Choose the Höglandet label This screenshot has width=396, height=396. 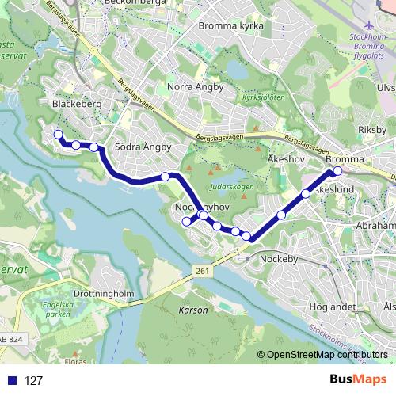coord(325,306)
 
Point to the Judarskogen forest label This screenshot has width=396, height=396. coord(232,187)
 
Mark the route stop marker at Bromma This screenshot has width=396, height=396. coord(337,171)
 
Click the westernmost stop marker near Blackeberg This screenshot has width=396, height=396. coord(57,135)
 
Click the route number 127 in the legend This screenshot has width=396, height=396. coord(34,381)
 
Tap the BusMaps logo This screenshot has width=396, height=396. coord(359,380)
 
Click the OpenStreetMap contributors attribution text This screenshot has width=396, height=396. coord(326,356)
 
